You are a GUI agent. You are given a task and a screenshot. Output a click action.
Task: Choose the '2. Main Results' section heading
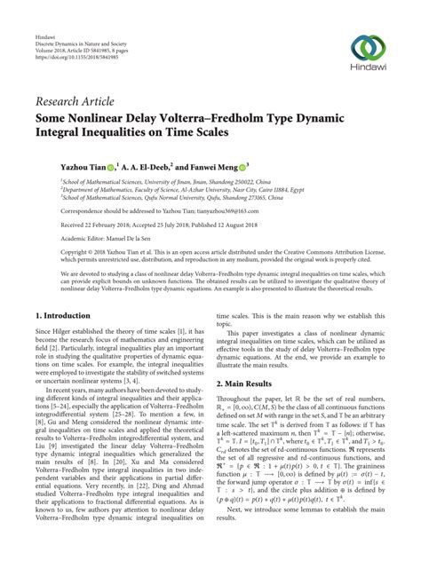[x=251, y=383]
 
